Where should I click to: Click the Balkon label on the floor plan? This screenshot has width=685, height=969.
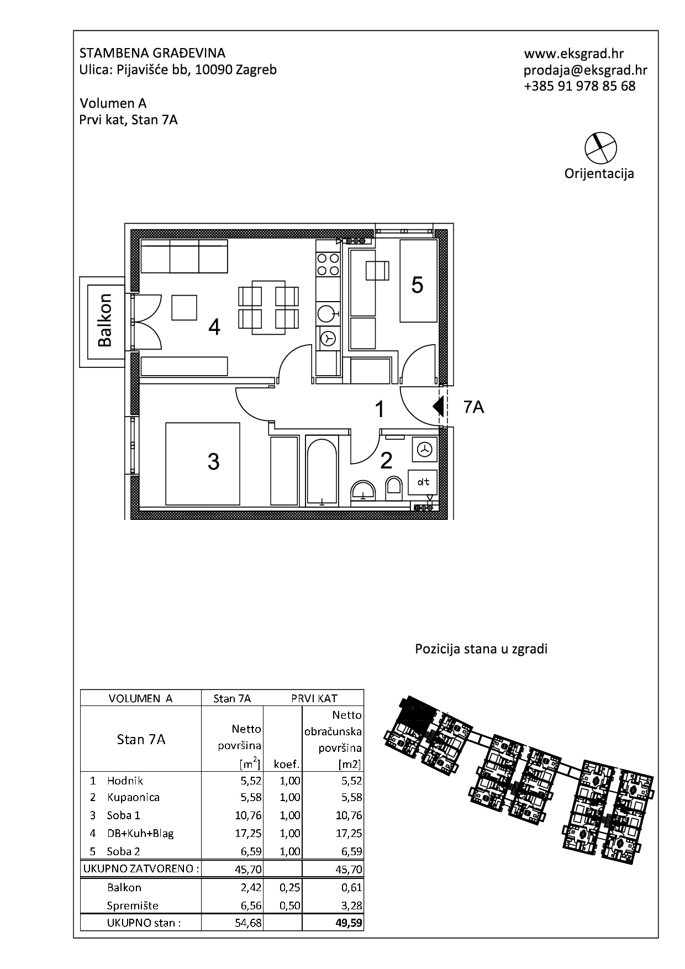click(105, 320)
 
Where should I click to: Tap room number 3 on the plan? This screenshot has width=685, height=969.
click(214, 461)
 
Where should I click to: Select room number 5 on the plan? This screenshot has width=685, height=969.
click(417, 285)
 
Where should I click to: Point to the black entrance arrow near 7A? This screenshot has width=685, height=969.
click(439, 407)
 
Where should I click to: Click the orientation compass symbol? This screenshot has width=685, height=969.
click(600, 148)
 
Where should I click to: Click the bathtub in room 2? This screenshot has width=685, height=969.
click(322, 470)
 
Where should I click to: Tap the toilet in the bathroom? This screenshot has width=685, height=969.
click(394, 487)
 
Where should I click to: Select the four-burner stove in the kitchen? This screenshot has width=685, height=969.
click(327, 264)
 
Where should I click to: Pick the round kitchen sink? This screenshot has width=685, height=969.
click(327, 313)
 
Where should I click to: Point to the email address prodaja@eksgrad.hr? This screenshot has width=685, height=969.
click(586, 70)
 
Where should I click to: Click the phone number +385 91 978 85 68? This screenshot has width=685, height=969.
click(580, 86)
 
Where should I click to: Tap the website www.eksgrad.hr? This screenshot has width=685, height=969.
click(574, 54)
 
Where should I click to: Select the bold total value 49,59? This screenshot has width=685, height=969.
click(349, 923)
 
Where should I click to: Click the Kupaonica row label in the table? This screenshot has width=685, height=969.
click(133, 797)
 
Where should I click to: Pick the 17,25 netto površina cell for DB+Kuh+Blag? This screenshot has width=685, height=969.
click(248, 833)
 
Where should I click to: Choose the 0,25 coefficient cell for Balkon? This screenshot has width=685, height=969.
click(289, 887)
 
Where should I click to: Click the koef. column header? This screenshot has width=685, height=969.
click(286, 765)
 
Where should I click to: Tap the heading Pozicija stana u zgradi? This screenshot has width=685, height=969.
click(481, 649)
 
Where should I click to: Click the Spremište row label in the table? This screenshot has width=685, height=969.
click(133, 905)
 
